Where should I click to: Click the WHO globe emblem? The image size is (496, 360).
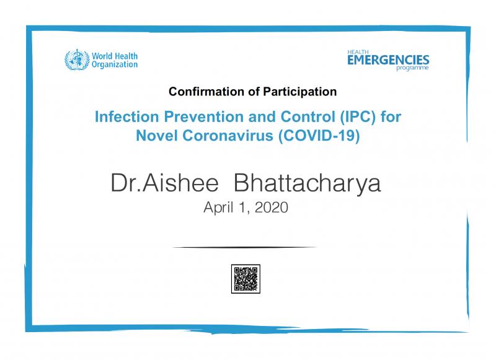77,59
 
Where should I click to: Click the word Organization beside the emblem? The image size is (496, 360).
115,64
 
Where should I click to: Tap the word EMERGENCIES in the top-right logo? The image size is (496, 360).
388,59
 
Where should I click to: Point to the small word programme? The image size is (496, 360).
412,68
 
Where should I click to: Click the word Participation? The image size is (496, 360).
300,92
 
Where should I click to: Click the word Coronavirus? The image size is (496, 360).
228,136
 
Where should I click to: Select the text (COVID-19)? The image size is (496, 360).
319,136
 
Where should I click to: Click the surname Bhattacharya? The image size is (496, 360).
307,183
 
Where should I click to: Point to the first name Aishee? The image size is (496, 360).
180,183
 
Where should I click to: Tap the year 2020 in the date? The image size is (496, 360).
272,208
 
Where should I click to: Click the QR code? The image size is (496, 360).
246,279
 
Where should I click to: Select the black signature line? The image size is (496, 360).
245,247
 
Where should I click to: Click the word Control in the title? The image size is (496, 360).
308,116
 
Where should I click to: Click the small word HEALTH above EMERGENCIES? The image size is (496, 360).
358,52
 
